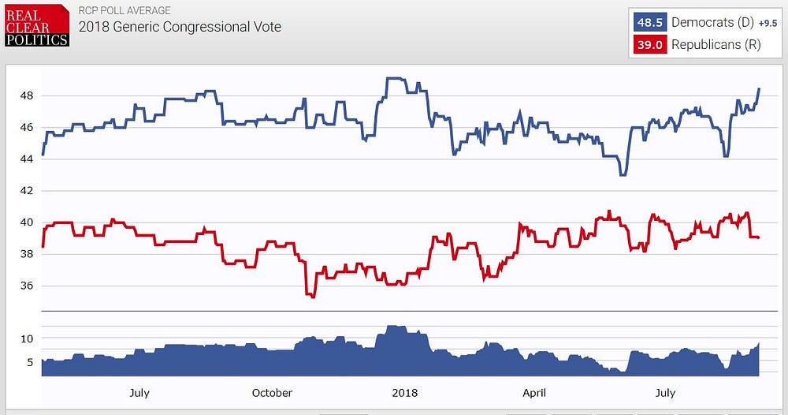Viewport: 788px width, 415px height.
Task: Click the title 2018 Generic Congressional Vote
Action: pos(180,27)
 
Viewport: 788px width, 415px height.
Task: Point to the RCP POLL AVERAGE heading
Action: pos(125,11)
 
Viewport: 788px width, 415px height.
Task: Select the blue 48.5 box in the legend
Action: pos(650,22)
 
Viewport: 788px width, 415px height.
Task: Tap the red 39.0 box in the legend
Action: pos(650,45)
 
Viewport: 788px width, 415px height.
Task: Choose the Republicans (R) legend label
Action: pos(716,45)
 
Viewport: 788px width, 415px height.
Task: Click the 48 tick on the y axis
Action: pos(25,96)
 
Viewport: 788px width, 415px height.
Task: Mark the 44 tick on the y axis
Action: pos(25,159)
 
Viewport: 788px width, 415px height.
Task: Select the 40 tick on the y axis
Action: pos(25,222)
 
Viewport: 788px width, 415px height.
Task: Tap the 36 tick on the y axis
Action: pos(25,286)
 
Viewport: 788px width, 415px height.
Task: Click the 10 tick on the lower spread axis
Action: pos(26,338)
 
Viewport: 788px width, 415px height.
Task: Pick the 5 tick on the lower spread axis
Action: pos(28,362)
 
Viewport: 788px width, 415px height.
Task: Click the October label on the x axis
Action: pos(272,393)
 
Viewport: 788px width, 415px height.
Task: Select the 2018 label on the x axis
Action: pos(404,393)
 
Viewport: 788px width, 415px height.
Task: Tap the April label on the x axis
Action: pos(533,393)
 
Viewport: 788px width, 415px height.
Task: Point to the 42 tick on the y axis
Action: pos(25,191)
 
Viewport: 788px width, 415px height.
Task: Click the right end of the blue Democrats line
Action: pos(759,88)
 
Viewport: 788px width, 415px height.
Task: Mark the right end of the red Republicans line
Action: pos(758,237)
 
